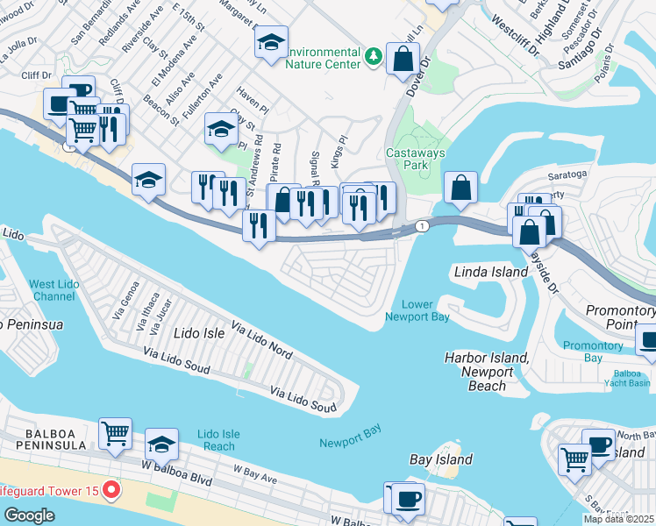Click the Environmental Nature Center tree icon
374,56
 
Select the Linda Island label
491,273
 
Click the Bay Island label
441,459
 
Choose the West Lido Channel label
53,290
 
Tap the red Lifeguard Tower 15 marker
111,488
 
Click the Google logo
29,515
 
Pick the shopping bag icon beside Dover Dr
403,59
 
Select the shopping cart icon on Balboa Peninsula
116,433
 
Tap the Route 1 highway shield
423,226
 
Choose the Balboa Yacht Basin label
626,379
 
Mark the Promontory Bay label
594,351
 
